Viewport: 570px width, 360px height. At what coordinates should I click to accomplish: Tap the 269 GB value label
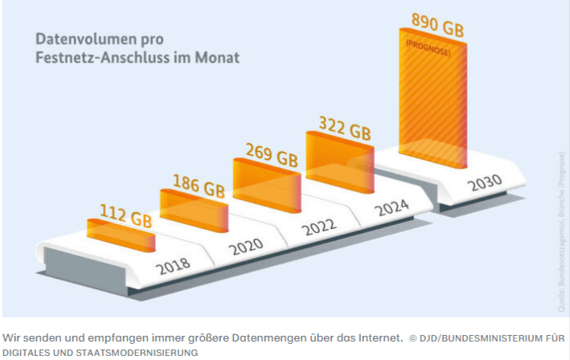(270, 155)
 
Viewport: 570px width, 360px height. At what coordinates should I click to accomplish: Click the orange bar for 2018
(121, 235)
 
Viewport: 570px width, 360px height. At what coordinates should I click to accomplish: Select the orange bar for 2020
(193, 211)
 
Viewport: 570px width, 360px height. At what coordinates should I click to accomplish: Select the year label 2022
(319, 228)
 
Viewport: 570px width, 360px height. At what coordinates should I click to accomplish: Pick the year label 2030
(485, 182)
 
